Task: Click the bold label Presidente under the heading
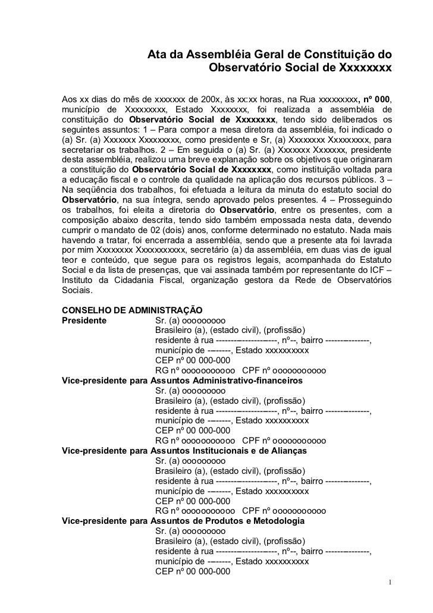(x=84, y=320)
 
